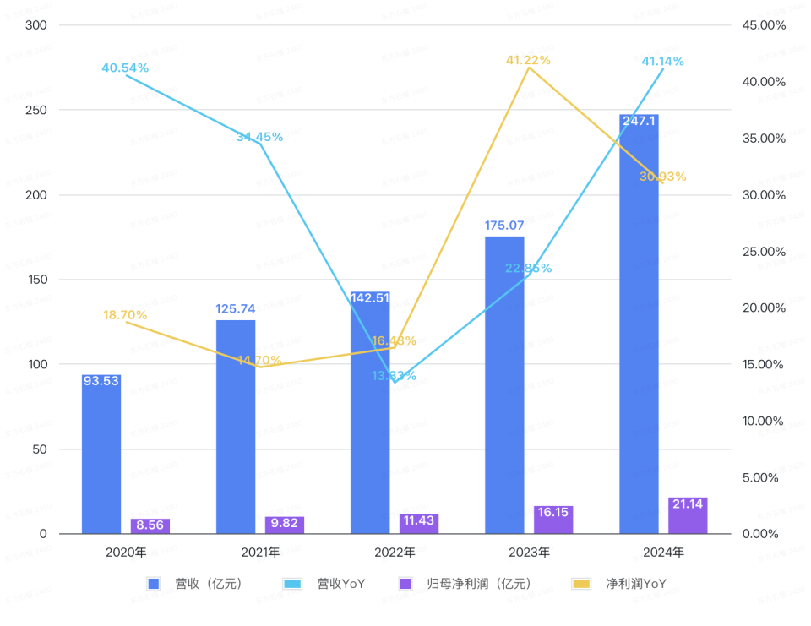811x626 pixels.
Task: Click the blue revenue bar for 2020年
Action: [101, 456]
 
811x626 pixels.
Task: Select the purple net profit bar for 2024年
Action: [688, 517]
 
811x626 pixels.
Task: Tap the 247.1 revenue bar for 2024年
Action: [639, 329]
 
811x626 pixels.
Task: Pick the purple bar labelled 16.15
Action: [553, 520]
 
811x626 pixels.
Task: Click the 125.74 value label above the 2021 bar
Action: [236, 309]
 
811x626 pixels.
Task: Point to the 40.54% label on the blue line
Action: [125, 68]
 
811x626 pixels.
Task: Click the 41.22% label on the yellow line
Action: [528, 60]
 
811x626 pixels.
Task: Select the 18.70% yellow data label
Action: [125, 315]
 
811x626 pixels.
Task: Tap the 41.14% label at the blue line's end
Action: [662, 61]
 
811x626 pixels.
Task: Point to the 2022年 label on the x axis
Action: [395, 553]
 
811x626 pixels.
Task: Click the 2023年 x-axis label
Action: [529, 553]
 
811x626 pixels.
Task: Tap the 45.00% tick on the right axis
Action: [764, 25]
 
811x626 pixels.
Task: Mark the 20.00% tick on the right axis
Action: [764, 308]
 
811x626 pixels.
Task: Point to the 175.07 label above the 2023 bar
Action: [504, 226]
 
